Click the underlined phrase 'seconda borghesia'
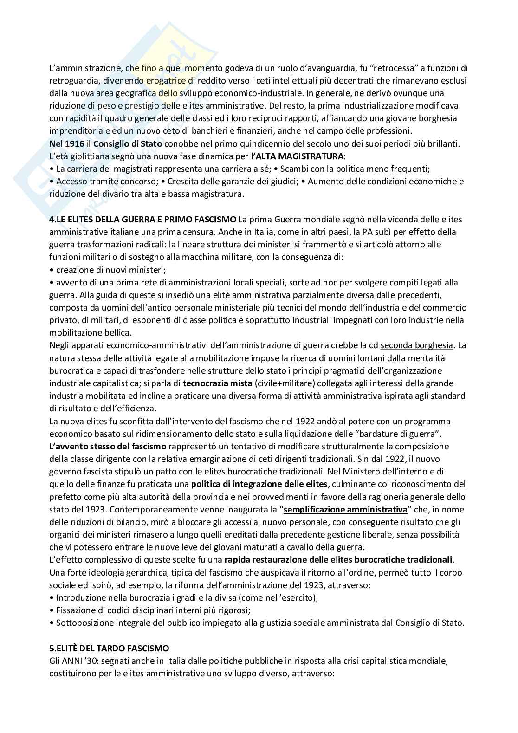pyautogui.click(x=416, y=345)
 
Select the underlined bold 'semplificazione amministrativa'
pyautogui.click(x=345, y=509)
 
